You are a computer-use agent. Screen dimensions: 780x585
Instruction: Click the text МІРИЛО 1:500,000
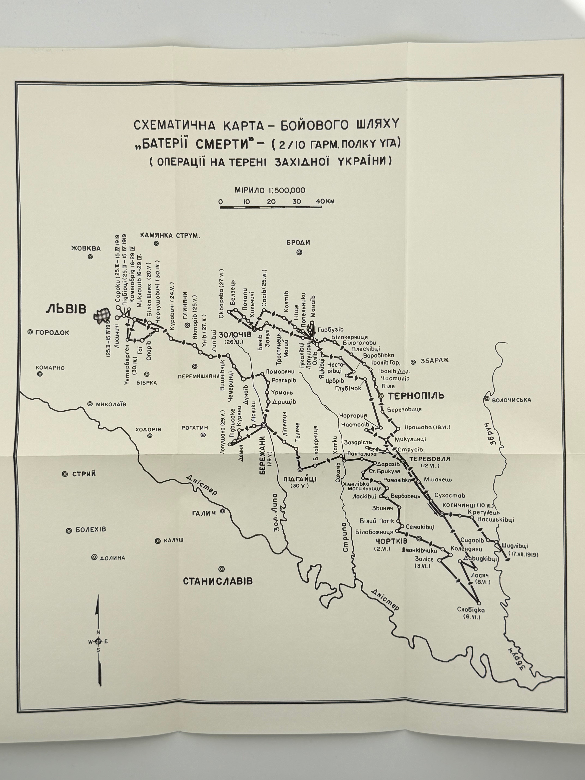[x=270, y=190]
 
